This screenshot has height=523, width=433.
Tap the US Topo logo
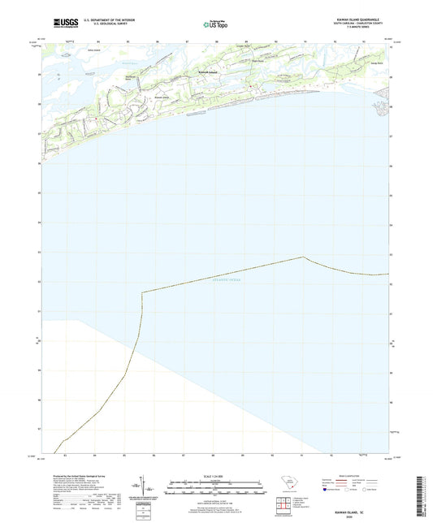click(214, 25)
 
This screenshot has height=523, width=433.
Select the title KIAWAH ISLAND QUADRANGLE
click(353, 19)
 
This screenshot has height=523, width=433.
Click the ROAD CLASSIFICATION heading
click(353, 476)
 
